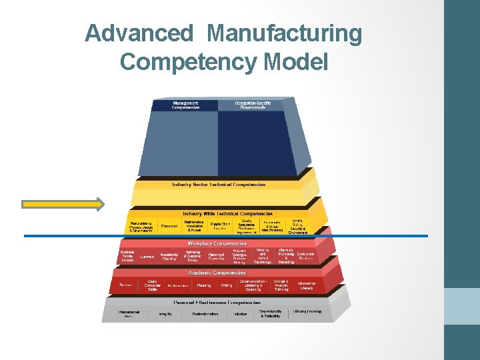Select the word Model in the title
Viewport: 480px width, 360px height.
297,61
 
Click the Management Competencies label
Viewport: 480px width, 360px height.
185,105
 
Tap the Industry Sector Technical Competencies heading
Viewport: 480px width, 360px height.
219,185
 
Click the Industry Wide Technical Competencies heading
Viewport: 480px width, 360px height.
219,213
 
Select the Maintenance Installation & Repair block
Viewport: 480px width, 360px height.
194,226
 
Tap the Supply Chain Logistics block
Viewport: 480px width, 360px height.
221,226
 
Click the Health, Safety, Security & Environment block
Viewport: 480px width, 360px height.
297,227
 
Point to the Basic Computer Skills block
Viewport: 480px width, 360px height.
153,285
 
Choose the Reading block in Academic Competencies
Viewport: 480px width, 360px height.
203,285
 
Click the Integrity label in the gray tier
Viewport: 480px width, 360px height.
165,314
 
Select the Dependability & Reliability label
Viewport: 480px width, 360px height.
270,313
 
